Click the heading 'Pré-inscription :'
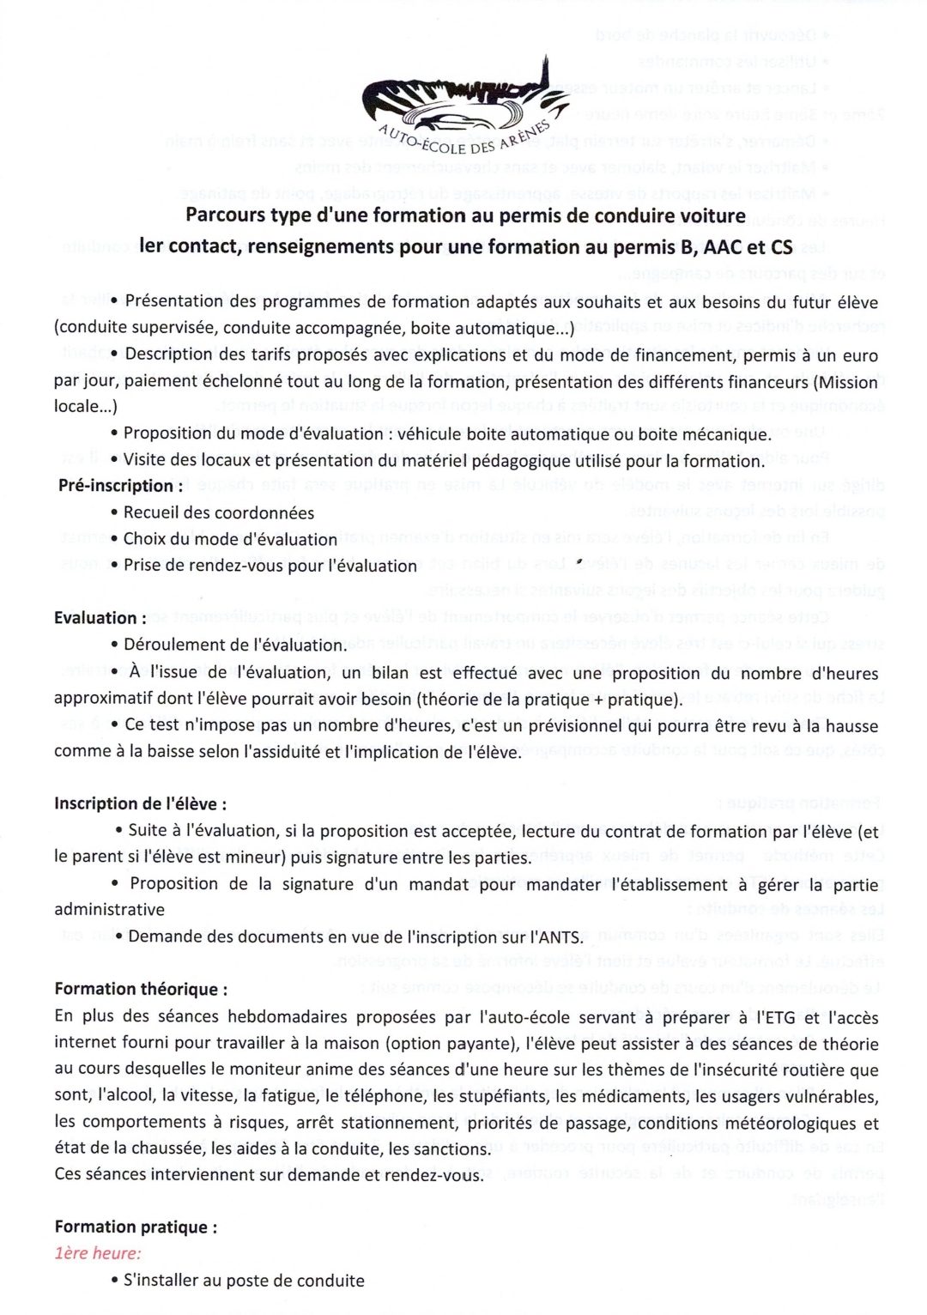tap(120, 486)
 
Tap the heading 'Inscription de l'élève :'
tap(140, 803)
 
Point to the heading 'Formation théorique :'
tap(141, 989)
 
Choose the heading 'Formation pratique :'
tap(136, 1227)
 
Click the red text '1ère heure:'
tap(98, 1253)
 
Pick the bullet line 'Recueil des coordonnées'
tap(218, 512)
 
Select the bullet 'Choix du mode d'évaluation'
tap(230, 539)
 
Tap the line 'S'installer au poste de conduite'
tap(244, 1281)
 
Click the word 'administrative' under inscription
tap(109, 910)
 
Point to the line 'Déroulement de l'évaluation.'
tap(235, 645)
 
